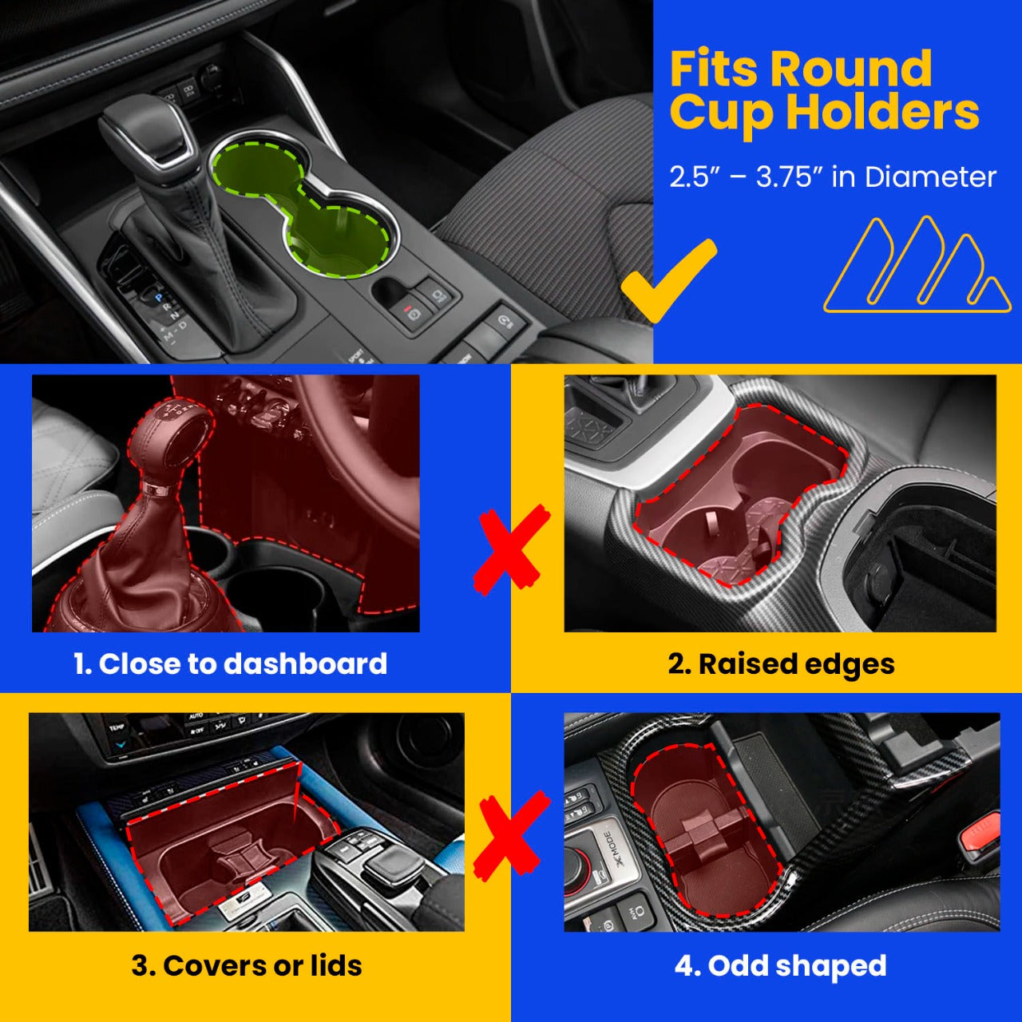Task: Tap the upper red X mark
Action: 511,550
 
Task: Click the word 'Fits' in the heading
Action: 715,69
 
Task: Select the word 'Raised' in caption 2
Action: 734,664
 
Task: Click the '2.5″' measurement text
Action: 690,177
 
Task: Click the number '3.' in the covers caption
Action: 143,965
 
